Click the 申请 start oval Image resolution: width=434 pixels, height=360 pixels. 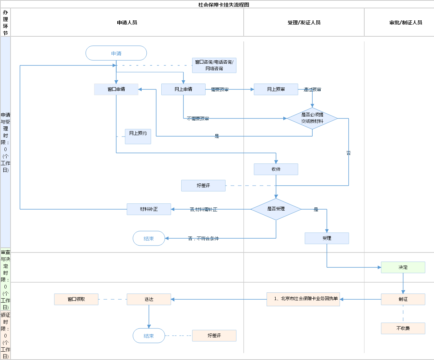pyautogui.click(x=116, y=53)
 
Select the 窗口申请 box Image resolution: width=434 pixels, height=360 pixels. pyautogui.click(x=116, y=89)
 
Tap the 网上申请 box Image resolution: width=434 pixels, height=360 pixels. pyautogui.click(x=183, y=89)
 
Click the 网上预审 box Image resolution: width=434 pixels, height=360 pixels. pyautogui.click(x=276, y=89)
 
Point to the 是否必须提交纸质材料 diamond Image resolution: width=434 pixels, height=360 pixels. pyautogui.click(x=312, y=118)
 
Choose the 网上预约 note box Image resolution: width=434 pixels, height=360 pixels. pyautogui.click(x=138, y=136)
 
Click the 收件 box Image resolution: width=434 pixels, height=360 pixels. pyautogui.click(x=276, y=169)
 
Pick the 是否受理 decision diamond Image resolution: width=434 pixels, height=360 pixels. pyautogui.click(x=276, y=209)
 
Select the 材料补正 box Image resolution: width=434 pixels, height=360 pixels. pyautogui.click(x=149, y=209)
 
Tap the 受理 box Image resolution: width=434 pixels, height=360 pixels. pyautogui.click(x=327, y=238)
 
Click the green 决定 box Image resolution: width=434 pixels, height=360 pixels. pyautogui.click(x=403, y=267)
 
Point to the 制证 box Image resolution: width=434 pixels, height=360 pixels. pyautogui.click(x=403, y=299)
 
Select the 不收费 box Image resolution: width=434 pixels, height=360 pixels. pyautogui.click(x=403, y=328)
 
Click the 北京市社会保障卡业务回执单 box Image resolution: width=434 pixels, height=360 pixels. pyautogui.click(x=303, y=299)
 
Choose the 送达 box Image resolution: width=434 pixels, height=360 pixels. pyautogui.click(x=149, y=299)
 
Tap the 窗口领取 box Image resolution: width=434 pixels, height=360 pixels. pyautogui.click(x=76, y=299)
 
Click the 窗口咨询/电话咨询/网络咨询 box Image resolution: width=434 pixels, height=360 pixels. pyautogui.click(x=214, y=65)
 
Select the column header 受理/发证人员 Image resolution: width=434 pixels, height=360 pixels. pyautogui.click(x=304, y=23)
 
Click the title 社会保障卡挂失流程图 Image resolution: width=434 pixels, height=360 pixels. pyautogui.click(x=224, y=5)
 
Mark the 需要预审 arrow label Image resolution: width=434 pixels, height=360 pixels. pyautogui.click(x=220, y=89)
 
